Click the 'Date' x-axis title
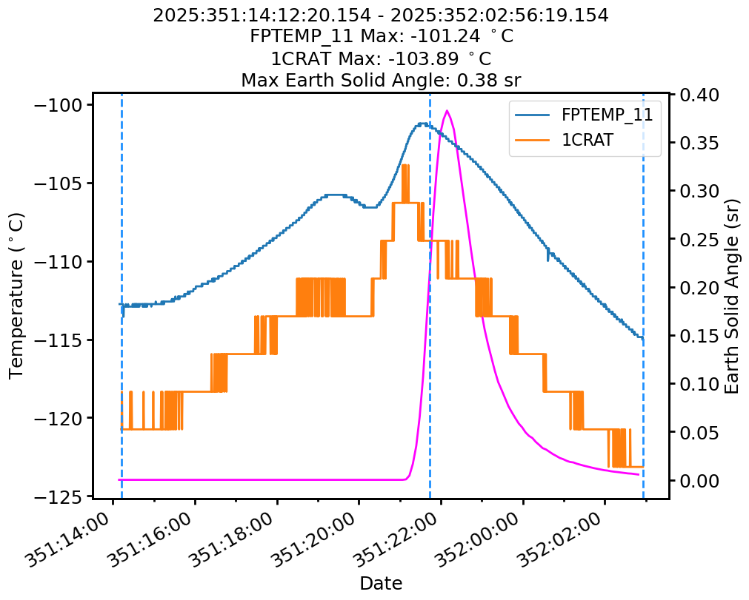pyautogui.click(x=381, y=583)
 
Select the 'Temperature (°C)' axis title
pyautogui.click(x=17, y=296)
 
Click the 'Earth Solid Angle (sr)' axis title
pyautogui.click(x=732, y=296)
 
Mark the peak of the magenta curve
pyautogui.click(x=447, y=110)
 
